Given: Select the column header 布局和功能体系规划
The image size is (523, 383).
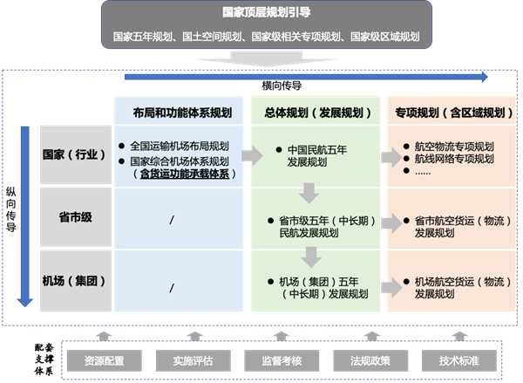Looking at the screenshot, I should (183, 112).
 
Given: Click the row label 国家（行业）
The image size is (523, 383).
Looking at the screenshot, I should (74, 154).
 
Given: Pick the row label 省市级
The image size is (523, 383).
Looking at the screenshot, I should (74, 216).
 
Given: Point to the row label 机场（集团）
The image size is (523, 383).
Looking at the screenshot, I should (74, 281).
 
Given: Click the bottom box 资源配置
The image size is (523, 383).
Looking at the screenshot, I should (104, 359).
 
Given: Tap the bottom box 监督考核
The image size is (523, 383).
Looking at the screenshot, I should (281, 359).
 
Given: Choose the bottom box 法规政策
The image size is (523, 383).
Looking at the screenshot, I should (368, 359).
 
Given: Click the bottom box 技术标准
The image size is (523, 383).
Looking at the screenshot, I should (458, 359).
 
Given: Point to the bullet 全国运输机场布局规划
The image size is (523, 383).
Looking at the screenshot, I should (180, 147).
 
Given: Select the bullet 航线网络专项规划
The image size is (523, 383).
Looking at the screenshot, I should (454, 159).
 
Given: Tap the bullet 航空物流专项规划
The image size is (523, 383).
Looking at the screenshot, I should (454, 146).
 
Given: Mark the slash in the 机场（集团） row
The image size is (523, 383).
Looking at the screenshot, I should (173, 286).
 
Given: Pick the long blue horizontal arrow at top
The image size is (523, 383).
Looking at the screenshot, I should (305, 77).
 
